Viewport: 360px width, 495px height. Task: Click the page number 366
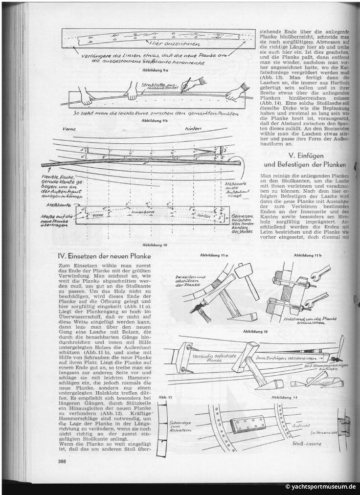point(62,461)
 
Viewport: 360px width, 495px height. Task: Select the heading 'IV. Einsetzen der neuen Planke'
point(103,256)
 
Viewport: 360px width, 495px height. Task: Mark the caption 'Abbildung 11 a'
point(212,255)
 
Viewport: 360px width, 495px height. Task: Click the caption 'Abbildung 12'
point(260,332)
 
